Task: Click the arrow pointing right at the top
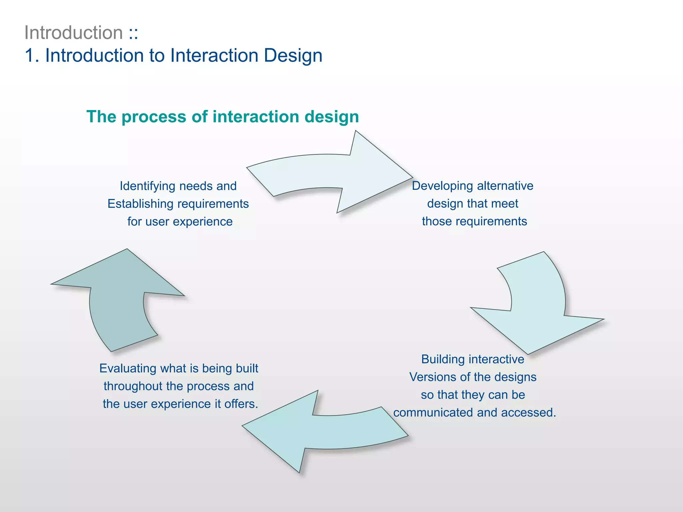[x=333, y=173]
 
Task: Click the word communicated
[x=433, y=413]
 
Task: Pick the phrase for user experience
[x=180, y=222]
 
